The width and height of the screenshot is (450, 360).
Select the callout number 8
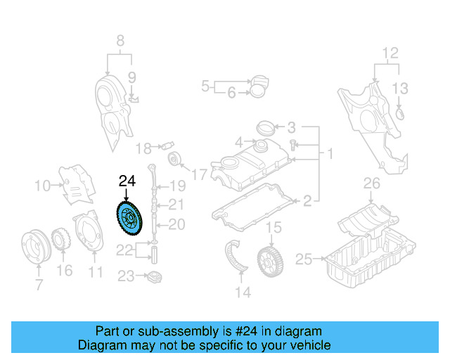[x=120, y=40]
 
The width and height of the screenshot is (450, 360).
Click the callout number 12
[x=390, y=53]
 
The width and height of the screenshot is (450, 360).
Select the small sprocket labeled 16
[x=61, y=240]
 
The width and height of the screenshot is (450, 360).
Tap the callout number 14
[x=243, y=292]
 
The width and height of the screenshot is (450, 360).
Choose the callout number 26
[x=371, y=184]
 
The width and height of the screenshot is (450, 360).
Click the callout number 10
[x=41, y=186]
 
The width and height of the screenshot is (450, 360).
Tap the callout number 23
[x=126, y=276]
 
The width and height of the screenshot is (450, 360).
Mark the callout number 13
[x=399, y=88]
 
